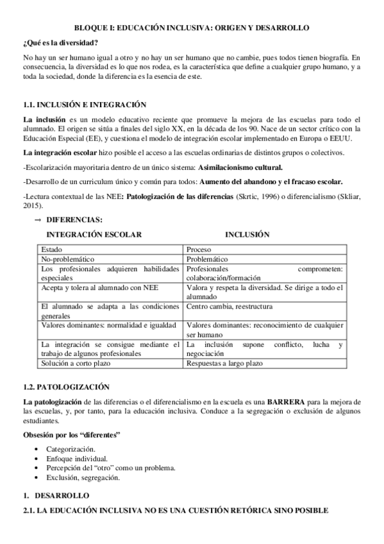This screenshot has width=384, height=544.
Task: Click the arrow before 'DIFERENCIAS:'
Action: [38, 220]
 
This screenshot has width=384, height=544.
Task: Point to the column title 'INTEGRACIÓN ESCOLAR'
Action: [94, 235]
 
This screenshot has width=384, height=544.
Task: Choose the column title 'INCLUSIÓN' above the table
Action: [247, 235]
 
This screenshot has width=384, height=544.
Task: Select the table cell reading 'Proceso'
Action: [201, 249]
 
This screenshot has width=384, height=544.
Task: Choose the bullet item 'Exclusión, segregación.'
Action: [83, 477]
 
